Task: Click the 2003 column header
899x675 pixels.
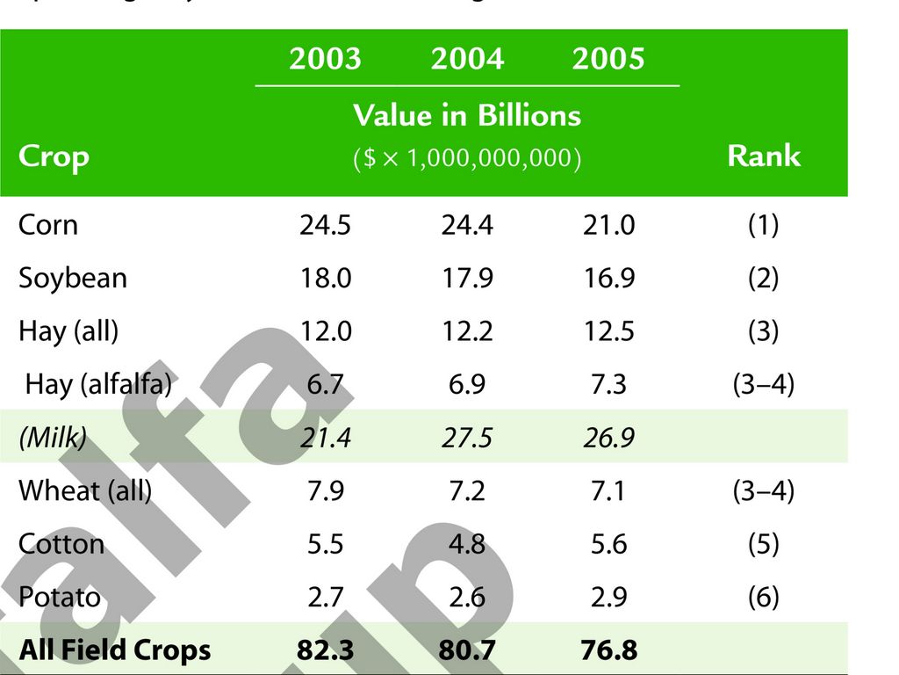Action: (325, 59)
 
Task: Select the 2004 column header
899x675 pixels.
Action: (467, 59)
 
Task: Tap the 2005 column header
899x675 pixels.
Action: (608, 59)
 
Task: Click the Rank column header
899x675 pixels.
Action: (763, 156)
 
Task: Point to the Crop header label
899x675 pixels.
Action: (54, 157)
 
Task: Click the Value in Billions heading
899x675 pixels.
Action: (467, 115)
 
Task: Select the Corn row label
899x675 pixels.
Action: (48, 225)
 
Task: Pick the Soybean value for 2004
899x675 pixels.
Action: (467, 279)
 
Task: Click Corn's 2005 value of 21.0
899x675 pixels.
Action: (608, 225)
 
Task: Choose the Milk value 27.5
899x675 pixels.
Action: (467, 438)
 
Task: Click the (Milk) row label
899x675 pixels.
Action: (53, 438)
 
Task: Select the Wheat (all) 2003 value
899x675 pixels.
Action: (325, 490)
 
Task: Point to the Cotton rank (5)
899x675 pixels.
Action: (763, 544)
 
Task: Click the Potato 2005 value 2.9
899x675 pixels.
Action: (608, 598)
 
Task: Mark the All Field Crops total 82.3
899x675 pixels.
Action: (325, 650)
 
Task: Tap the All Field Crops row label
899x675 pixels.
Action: (115, 650)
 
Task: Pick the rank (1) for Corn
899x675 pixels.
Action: (763, 225)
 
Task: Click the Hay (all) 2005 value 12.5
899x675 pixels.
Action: (608, 331)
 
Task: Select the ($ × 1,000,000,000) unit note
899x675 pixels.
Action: (467, 160)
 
